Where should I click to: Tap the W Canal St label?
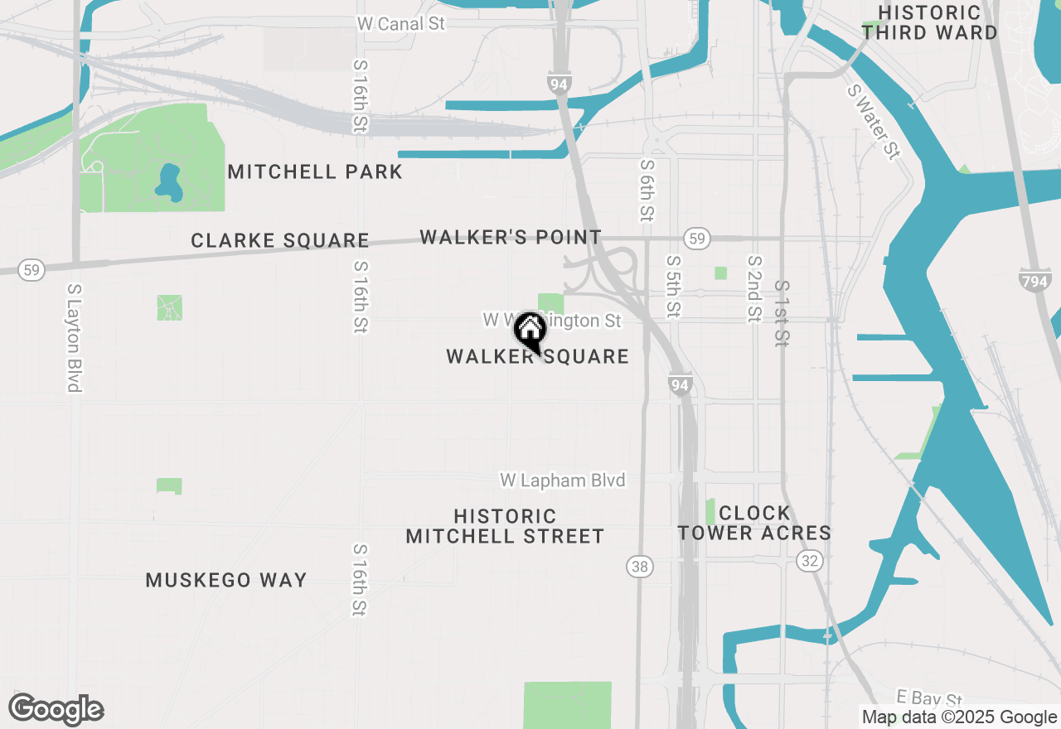(x=402, y=23)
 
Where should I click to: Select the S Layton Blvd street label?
(x=75, y=338)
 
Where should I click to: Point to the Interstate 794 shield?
(x=1035, y=280)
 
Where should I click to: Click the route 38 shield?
(x=639, y=567)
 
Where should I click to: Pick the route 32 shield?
(x=810, y=560)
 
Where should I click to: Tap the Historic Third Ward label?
(x=929, y=23)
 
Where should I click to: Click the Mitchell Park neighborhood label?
(x=315, y=172)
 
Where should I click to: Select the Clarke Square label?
(x=279, y=241)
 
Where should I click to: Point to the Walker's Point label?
(x=511, y=238)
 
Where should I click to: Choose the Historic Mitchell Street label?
(x=505, y=527)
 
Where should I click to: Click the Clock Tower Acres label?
(x=754, y=523)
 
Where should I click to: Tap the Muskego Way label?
(x=226, y=581)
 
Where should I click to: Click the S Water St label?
(x=873, y=121)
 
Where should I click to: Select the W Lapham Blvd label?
(x=562, y=480)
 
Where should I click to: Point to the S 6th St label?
(x=647, y=191)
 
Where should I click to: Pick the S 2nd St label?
(x=753, y=287)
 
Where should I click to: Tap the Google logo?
(x=56, y=710)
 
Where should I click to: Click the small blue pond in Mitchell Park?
(x=168, y=181)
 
